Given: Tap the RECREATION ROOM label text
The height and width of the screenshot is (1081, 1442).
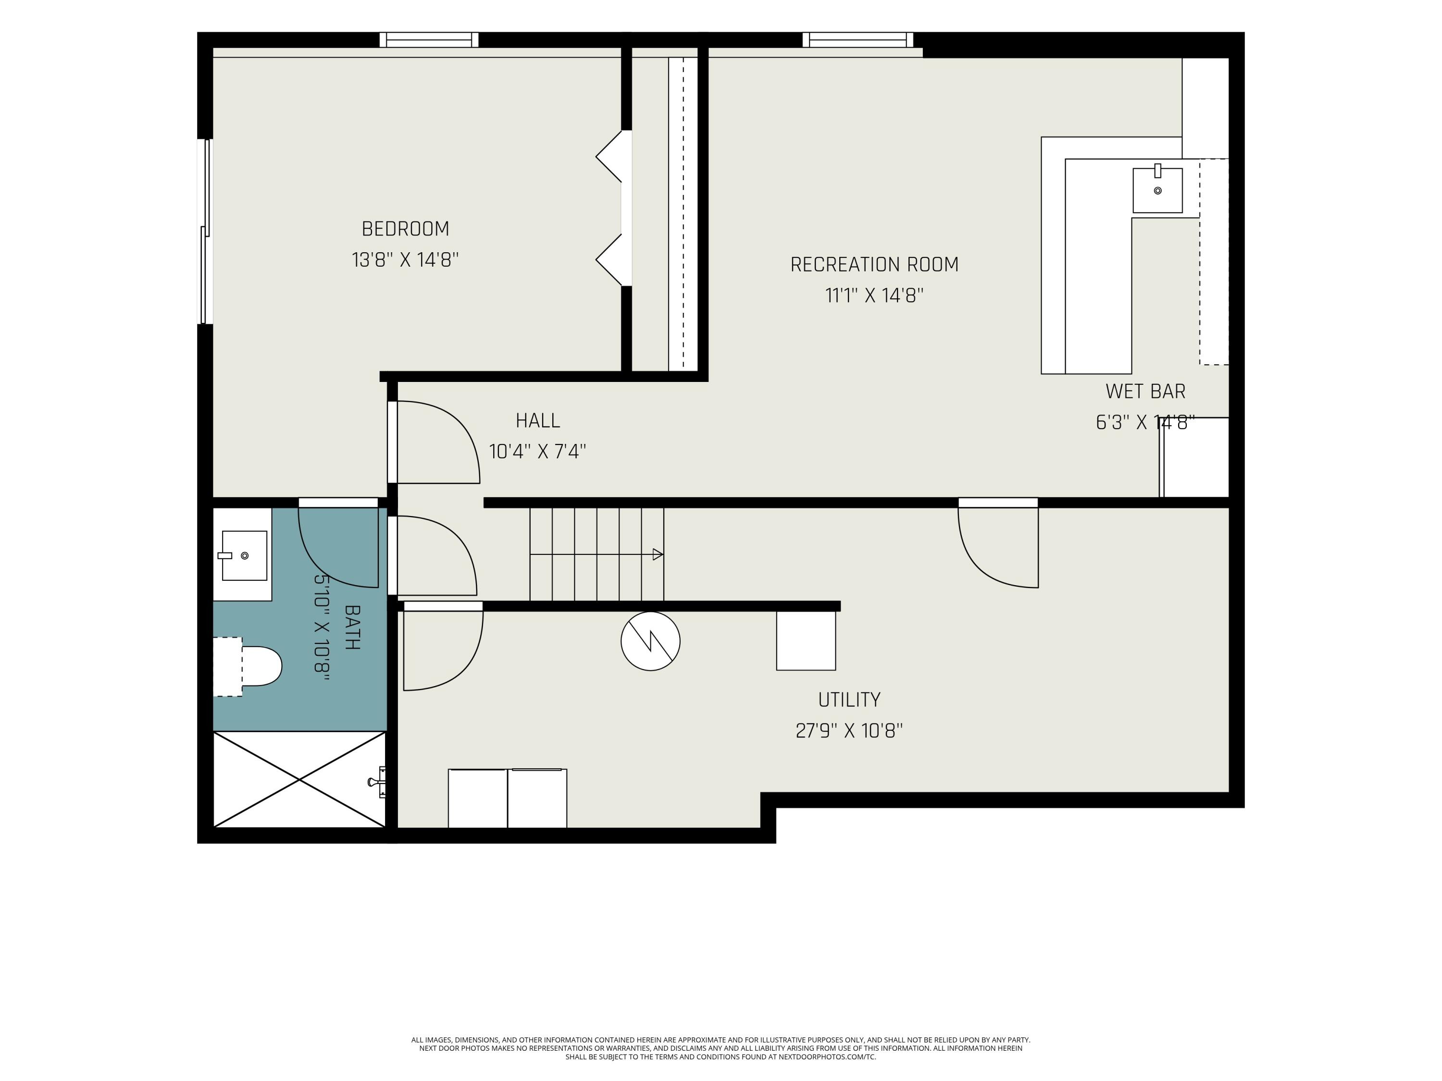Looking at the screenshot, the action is pyautogui.click(x=874, y=265).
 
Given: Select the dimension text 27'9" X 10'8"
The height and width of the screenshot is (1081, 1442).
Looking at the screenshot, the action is pyautogui.click(x=849, y=730).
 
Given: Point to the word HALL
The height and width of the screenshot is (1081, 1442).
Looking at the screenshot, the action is pyautogui.click(x=538, y=421).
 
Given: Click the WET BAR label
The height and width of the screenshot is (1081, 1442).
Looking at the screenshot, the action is pyautogui.click(x=1145, y=392).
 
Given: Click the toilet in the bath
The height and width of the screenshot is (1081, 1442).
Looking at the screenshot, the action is pyautogui.click(x=248, y=666).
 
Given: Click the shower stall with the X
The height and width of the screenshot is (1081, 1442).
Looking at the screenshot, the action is pyautogui.click(x=300, y=779).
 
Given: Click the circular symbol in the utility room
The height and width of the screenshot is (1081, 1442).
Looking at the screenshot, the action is pyautogui.click(x=651, y=641).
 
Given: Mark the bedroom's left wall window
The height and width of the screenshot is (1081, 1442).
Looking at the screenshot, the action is pyautogui.click(x=205, y=231).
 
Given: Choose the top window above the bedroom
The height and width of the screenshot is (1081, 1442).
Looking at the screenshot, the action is pyautogui.click(x=429, y=40).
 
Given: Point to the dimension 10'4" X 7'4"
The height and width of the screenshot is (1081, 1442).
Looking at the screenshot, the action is pyautogui.click(x=538, y=452).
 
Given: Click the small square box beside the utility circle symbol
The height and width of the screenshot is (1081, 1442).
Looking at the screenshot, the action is pyautogui.click(x=806, y=640).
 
